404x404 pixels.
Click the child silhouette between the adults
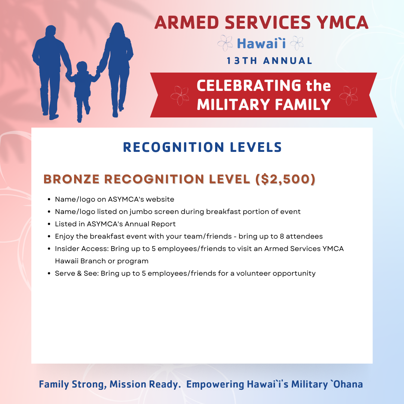pos(82,88)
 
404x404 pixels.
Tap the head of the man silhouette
pos(51,31)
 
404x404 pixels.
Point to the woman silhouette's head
pos(117,30)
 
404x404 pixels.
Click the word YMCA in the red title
pos(342,23)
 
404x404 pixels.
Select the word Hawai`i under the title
pos(261,43)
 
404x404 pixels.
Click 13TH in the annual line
pos(242,61)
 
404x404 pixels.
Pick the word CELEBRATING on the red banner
pos(249,85)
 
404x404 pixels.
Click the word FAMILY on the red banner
pos(303,105)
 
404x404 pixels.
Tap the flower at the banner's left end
pos(180,96)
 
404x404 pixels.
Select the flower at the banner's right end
pos(349,96)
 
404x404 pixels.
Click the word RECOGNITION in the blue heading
pos(174,147)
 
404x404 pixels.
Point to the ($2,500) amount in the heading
pos(285,179)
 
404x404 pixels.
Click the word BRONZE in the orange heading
pos(71,179)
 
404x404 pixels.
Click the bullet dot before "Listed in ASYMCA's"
pos(49,224)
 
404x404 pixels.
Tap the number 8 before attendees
pos(282,236)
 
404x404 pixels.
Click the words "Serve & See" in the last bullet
pos(77,273)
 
